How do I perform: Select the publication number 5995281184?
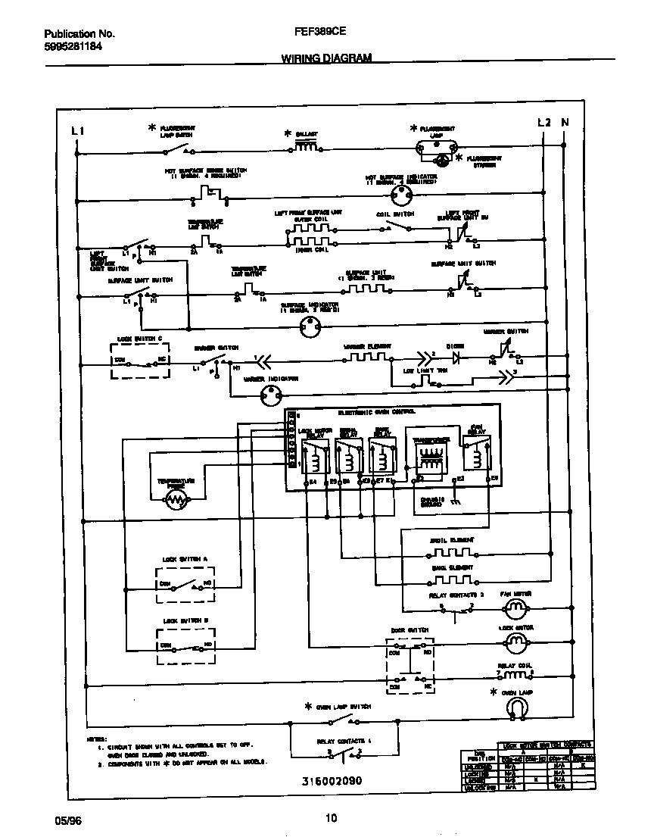(73, 46)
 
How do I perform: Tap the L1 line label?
(76, 131)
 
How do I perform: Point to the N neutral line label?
(564, 123)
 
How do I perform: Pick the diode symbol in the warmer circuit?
(456, 354)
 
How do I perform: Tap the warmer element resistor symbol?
(366, 356)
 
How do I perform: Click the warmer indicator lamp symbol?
(270, 393)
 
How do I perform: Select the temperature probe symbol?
(177, 500)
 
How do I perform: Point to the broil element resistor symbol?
(451, 551)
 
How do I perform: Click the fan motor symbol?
(515, 607)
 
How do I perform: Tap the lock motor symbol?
(515, 642)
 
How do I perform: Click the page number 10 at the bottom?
(331, 817)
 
